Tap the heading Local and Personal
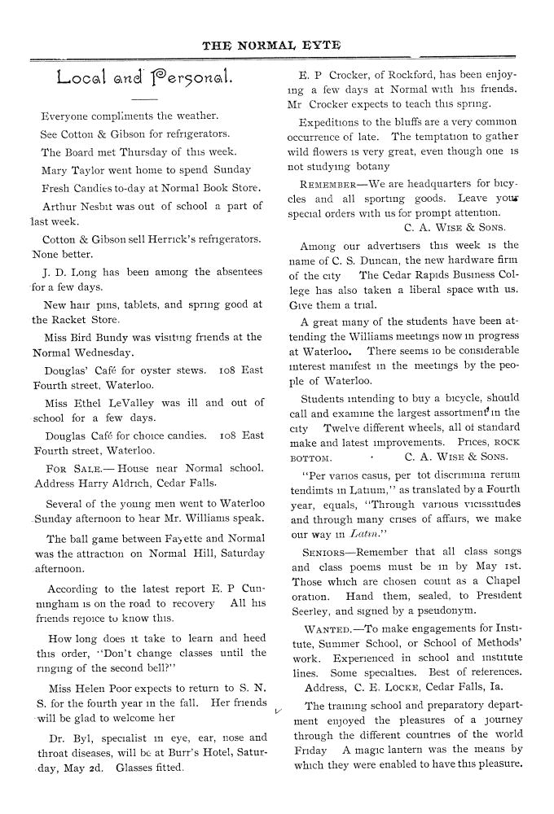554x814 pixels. (x=147, y=79)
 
